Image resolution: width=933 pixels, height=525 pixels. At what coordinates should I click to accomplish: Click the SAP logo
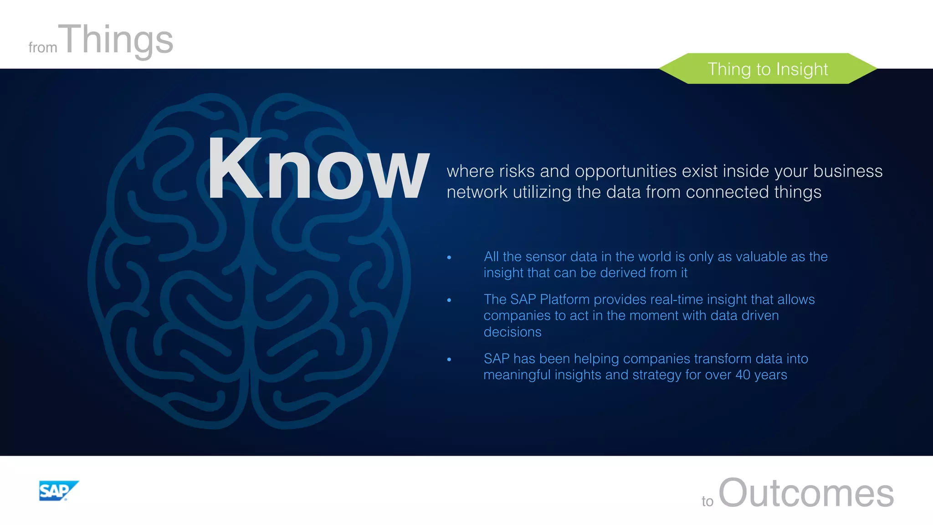[58, 491]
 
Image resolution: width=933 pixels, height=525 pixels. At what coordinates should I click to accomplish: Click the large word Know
[318, 170]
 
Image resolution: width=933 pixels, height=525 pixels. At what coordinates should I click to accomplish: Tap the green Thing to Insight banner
[768, 69]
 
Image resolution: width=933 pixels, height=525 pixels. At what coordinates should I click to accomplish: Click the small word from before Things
[43, 47]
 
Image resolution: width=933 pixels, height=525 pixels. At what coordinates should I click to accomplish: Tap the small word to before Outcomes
[707, 501]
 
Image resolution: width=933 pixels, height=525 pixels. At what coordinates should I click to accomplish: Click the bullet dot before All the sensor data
[449, 258]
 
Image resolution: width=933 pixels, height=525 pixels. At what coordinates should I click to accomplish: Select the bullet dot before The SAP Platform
[449, 300]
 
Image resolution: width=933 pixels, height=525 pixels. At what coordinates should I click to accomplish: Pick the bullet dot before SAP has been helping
[449, 360]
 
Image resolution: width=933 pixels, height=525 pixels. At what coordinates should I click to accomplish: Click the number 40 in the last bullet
[743, 375]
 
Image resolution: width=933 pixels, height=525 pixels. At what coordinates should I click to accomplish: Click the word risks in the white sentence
[517, 171]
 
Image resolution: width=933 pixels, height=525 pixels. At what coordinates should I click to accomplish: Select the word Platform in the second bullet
[565, 299]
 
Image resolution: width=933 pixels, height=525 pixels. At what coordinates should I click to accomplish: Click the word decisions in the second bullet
[513, 332]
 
